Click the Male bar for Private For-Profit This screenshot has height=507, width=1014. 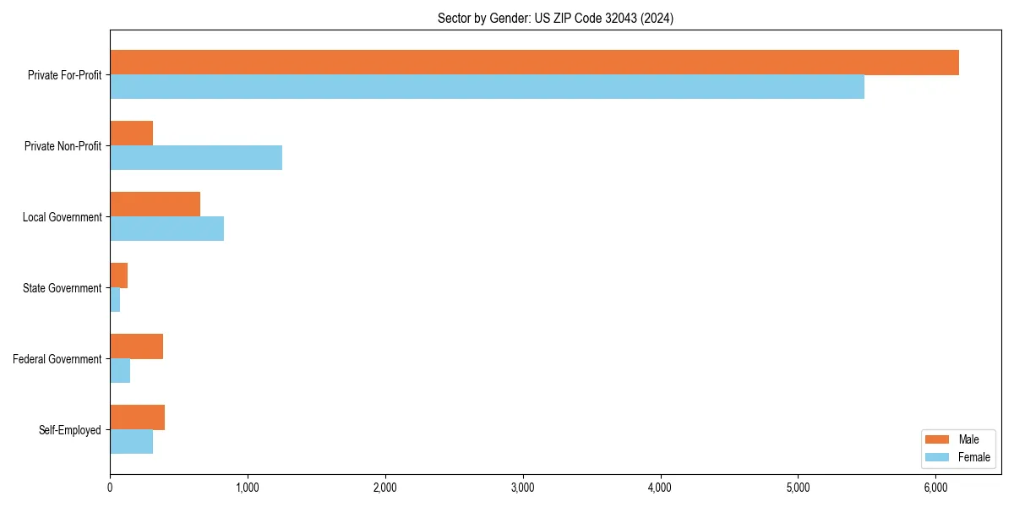534,63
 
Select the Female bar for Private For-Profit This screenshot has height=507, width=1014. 487,87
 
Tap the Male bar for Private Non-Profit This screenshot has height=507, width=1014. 131,134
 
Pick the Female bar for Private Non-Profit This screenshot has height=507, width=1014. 196,158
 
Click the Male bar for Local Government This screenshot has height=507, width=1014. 155,204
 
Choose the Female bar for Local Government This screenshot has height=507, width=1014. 166,229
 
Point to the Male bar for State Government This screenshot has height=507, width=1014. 118,275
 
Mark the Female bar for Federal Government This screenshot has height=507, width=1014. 120,371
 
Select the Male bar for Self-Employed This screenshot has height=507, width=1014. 137,417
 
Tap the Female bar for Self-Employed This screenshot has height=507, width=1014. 131,442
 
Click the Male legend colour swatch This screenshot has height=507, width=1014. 937,439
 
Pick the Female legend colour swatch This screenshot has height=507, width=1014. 937,457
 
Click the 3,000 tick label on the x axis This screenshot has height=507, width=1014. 523,487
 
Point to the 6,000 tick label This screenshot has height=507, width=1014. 935,487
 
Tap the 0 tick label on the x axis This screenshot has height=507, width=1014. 110,487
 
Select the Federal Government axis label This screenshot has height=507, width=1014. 57,359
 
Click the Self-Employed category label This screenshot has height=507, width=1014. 70,430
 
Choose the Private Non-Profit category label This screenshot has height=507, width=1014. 63,146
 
